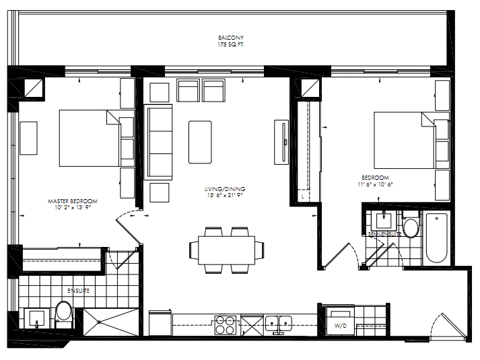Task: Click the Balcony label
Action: [x=231, y=38]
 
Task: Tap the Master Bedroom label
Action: [x=73, y=201]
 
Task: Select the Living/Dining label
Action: [x=225, y=189]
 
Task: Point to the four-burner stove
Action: [x=226, y=325]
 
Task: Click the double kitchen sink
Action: [x=278, y=324]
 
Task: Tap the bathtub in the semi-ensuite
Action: [x=436, y=238]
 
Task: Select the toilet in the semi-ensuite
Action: [x=411, y=225]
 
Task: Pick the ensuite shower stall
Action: [x=111, y=322]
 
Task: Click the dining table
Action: [x=226, y=250]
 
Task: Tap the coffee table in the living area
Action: [x=200, y=142]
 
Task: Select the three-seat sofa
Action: [x=158, y=142]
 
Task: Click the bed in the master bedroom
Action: [x=90, y=138]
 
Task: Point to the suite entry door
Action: [x=452, y=326]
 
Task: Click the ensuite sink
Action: [x=37, y=318]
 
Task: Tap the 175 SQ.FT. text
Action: [x=231, y=44]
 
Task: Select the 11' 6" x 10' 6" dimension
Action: [x=375, y=184]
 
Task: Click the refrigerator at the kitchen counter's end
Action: [x=160, y=323]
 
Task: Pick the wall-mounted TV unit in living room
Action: [x=281, y=142]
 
